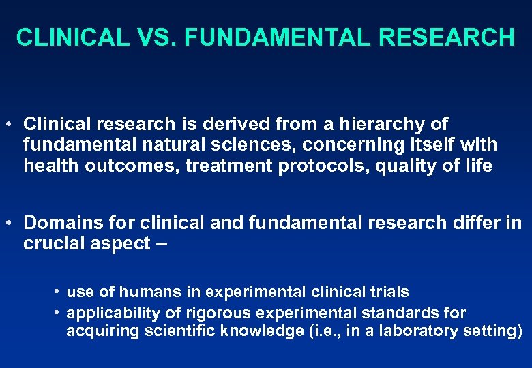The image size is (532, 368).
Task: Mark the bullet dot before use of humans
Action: tap(57, 292)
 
